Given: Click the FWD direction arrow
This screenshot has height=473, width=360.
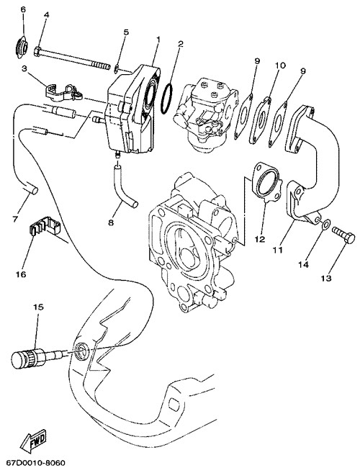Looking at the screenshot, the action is [x=32, y=441].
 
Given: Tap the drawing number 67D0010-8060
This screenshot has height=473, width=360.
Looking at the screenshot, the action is [x=32, y=462].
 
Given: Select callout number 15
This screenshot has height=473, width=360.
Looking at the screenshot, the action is [x=39, y=307].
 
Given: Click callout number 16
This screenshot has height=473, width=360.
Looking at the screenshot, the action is [x=21, y=274].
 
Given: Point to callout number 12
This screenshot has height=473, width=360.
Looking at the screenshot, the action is [x=260, y=239].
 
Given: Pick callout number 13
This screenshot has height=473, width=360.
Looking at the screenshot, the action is [x=326, y=278].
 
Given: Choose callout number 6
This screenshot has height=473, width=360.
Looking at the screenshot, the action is [x=23, y=9].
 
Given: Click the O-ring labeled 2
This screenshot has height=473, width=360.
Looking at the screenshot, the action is [x=167, y=99].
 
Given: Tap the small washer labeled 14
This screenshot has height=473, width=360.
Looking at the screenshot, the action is [x=326, y=225].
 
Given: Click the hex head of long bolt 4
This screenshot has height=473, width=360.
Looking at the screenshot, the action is [x=37, y=51].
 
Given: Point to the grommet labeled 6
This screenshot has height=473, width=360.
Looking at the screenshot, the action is [x=22, y=47].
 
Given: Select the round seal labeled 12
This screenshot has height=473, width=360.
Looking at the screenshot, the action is [x=266, y=182].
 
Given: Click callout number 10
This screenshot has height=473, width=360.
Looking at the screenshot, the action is [x=280, y=66].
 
